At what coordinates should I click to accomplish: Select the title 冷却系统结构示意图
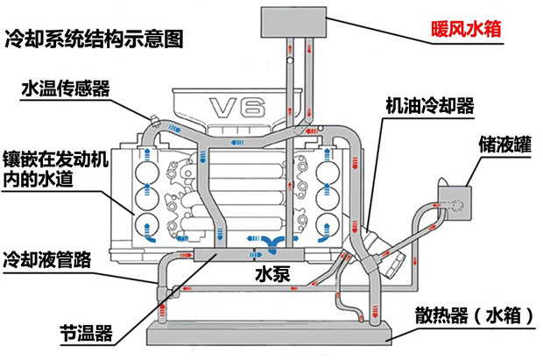click(x=94, y=39)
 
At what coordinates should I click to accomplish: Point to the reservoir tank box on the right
click(x=454, y=202)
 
